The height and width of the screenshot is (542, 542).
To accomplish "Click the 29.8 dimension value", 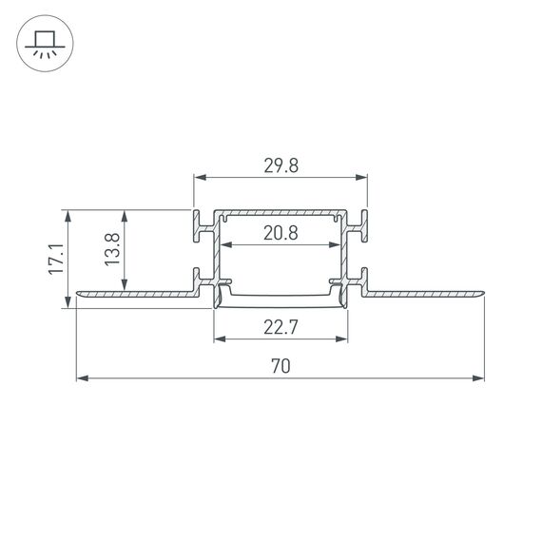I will tap(281, 165).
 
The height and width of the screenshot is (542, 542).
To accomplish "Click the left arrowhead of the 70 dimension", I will tap(81, 378).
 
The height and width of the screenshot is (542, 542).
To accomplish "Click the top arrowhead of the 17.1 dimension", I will tap(68, 216).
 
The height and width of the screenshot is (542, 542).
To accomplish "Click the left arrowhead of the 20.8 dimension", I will tap(224, 246).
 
